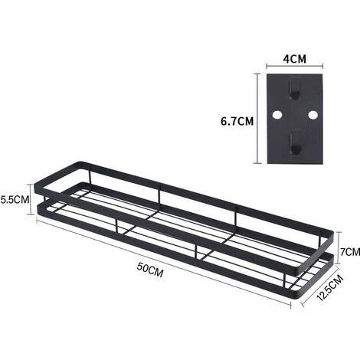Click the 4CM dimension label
(294, 59)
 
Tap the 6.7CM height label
(237, 121)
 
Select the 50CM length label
(150, 270)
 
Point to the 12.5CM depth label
(330, 287)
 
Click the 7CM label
(350, 252)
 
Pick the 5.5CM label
(15, 199)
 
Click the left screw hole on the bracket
(277, 115)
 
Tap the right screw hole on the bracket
(313, 115)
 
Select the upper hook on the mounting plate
(295, 89)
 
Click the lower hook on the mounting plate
(295, 143)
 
